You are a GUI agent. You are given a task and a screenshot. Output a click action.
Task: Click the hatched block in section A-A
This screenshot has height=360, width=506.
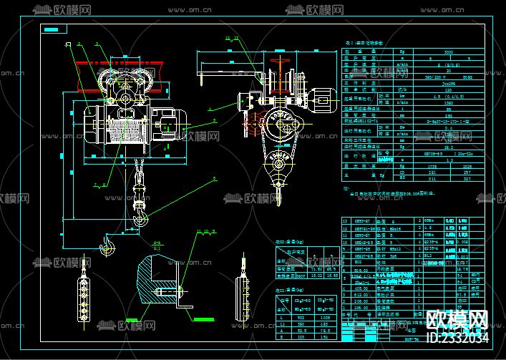(x=148, y=283)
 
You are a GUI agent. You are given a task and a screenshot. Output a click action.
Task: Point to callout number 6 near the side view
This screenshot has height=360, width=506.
(x=211, y=108)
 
